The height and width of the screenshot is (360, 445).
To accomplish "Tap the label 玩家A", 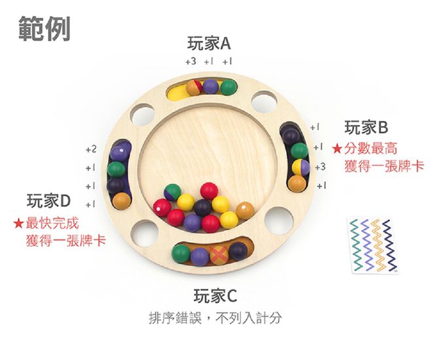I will coord(209,44).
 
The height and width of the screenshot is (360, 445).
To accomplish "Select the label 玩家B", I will coord(366,127).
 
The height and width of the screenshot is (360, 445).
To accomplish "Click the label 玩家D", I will coord(48,200).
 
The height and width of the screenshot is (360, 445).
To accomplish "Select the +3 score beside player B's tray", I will coord(319,168).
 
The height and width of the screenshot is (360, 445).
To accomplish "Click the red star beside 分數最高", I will coord(338,149).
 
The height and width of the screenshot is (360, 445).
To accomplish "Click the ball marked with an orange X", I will coord(219,254).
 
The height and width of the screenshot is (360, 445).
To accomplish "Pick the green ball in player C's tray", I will coord(181,253).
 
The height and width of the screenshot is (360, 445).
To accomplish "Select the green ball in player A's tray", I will coord(228,86).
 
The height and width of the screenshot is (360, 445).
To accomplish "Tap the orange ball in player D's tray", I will coord(121,200).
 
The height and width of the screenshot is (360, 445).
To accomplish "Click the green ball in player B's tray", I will coord(299,151).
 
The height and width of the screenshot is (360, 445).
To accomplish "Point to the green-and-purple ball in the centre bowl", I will coord(172,192).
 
